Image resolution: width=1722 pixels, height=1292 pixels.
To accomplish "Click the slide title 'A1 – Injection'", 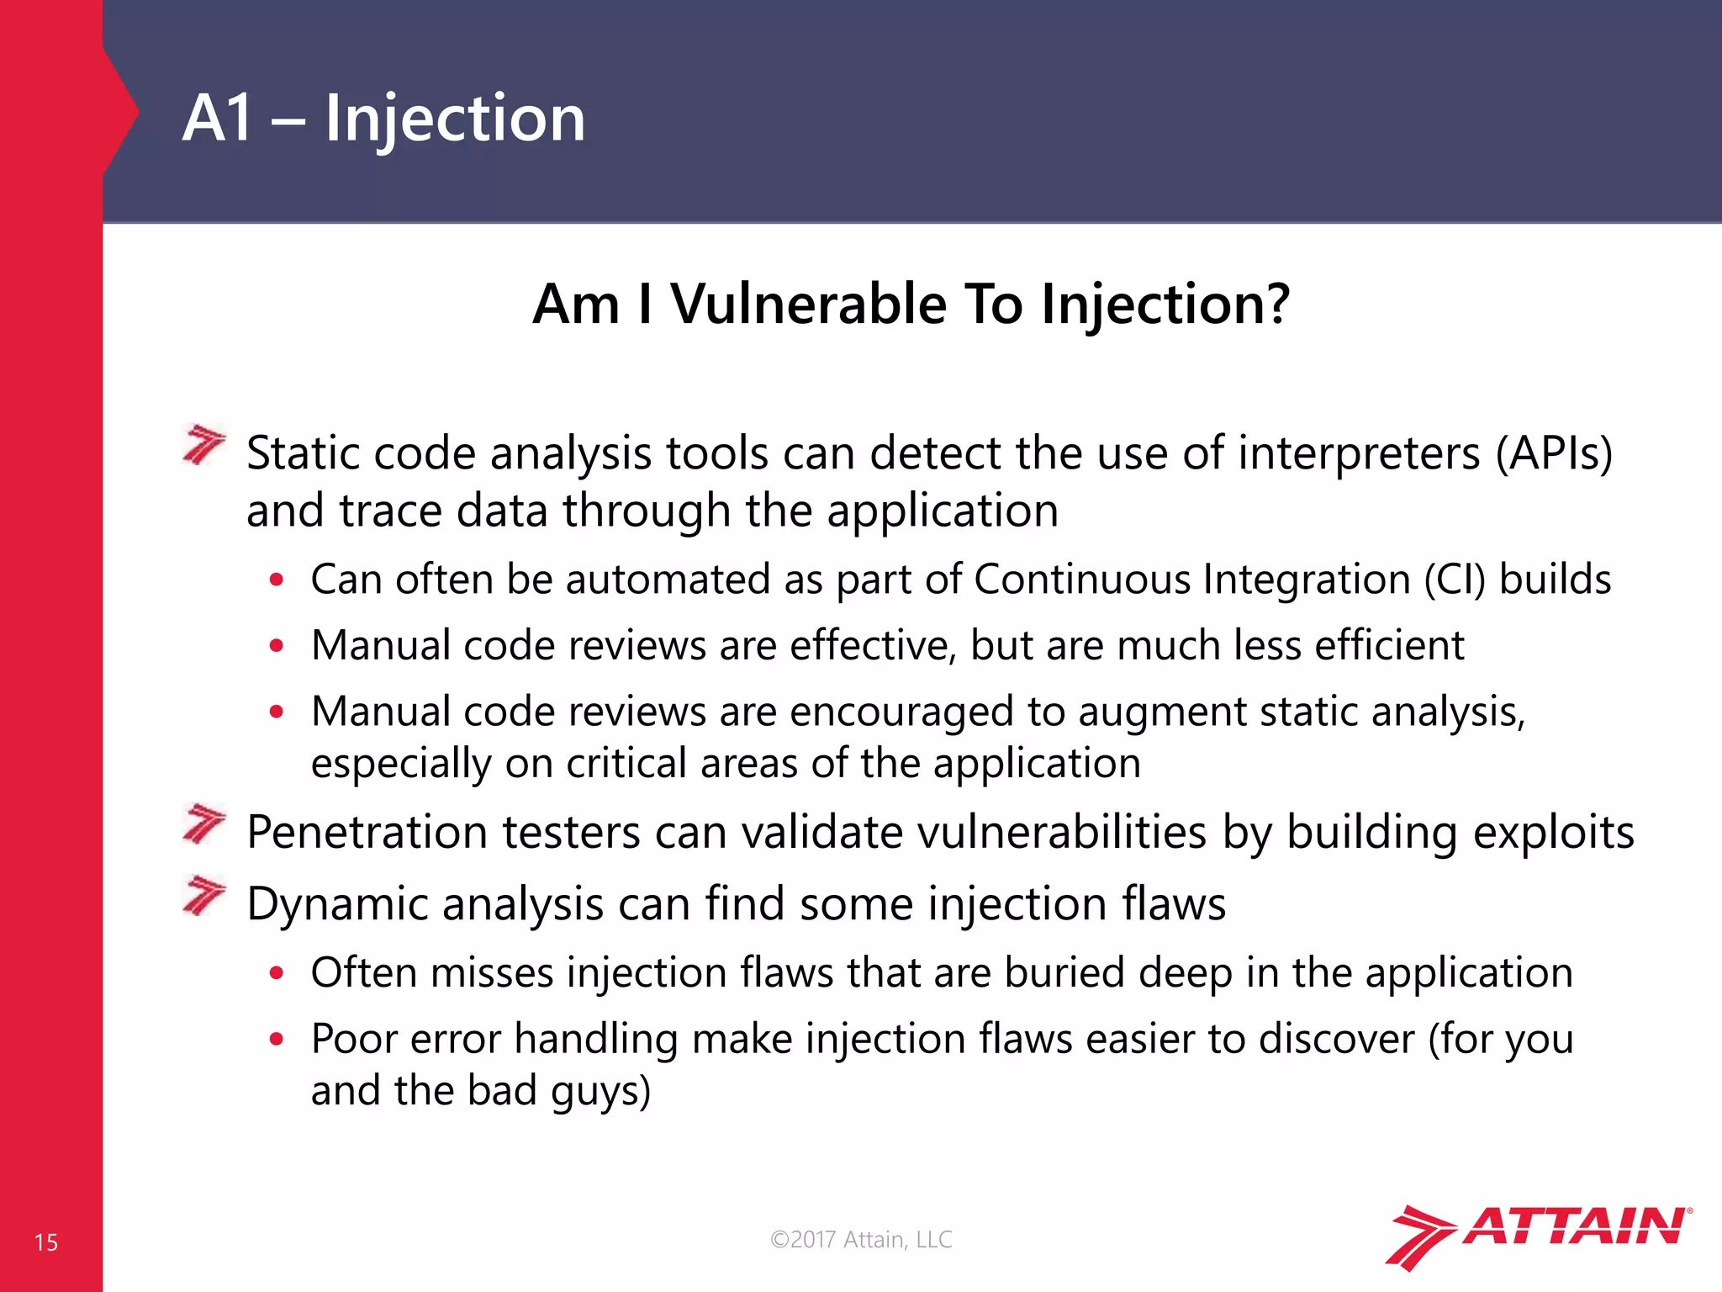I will (x=383, y=119).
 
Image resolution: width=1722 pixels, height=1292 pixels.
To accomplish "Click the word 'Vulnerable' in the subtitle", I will (x=808, y=304).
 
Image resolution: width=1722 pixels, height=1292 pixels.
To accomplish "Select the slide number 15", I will (x=46, y=1242).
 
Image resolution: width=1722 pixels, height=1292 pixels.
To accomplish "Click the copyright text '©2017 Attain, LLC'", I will (x=861, y=1239).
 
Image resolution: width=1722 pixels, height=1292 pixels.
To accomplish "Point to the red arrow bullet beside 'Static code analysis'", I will (x=204, y=445).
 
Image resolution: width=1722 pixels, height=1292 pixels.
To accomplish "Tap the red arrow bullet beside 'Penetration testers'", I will (x=204, y=823).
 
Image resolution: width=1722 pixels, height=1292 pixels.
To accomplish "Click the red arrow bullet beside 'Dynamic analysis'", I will (x=204, y=895).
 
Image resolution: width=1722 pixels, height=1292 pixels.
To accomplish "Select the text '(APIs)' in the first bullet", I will (x=1554, y=454).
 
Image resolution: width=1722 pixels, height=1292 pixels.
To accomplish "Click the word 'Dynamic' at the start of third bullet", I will (x=338, y=905).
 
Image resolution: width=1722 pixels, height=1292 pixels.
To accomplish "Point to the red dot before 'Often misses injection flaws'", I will (x=277, y=974).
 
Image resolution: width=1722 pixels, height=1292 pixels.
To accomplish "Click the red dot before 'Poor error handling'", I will (x=277, y=1040).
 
